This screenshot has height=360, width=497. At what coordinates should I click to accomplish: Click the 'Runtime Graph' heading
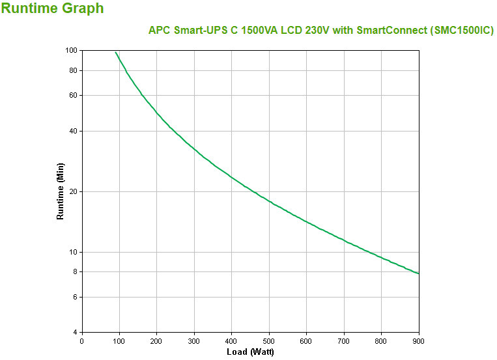(x=52, y=9)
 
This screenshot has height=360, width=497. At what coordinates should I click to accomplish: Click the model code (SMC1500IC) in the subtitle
(x=457, y=31)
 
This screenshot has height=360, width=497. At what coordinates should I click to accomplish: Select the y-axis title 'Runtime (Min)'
(x=61, y=191)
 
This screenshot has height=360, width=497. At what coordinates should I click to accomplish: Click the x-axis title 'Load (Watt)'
(x=250, y=352)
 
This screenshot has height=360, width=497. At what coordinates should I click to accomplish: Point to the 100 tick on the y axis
(x=72, y=50)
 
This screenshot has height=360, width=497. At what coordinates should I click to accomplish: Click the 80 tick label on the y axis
(x=74, y=70)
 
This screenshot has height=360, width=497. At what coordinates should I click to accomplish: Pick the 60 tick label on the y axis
(x=74, y=95)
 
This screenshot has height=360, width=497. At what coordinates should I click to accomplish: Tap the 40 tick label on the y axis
(x=74, y=131)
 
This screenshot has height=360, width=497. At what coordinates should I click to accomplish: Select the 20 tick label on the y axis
(x=74, y=191)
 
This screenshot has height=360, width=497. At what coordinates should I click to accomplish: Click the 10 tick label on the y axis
(x=74, y=252)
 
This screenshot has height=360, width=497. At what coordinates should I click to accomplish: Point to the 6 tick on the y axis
(x=76, y=297)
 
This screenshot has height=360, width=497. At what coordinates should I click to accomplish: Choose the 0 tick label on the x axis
(x=81, y=340)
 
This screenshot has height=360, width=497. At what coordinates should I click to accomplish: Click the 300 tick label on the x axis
(x=194, y=340)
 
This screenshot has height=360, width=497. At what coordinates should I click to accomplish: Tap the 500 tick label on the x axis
(x=269, y=340)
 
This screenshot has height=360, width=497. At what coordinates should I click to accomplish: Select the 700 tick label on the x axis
(x=344, y=340)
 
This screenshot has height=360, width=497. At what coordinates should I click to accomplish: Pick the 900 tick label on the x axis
(x=418, y=340)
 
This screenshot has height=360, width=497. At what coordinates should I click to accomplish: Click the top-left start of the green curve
(x=115, y=52)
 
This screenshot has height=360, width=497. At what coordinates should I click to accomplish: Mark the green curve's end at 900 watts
(x=419, y=273)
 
